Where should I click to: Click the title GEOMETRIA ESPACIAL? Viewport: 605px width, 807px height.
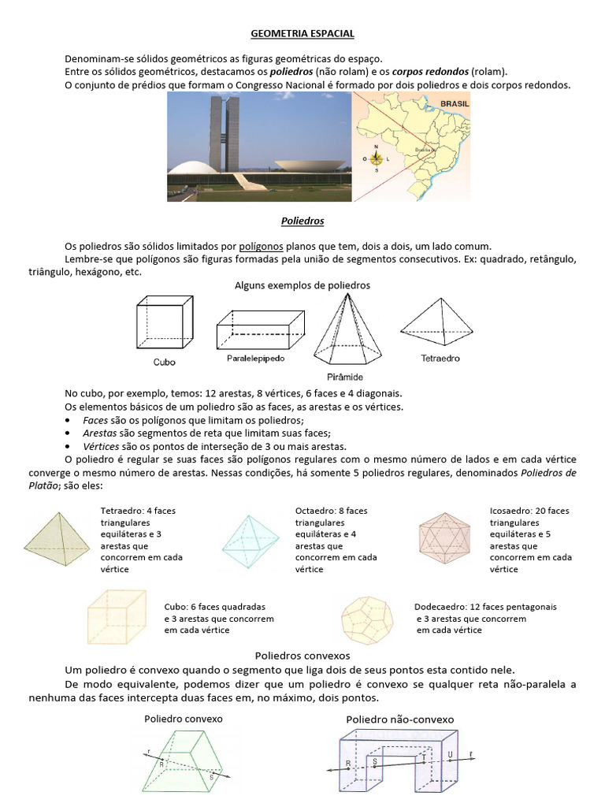pos(302,35)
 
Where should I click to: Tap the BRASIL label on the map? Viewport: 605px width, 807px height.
pos(455,103)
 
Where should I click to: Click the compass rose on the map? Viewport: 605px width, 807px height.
pos(376,158)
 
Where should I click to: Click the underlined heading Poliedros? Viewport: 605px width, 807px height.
pos(302,221)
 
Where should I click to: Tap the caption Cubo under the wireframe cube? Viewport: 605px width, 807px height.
pos(164,363)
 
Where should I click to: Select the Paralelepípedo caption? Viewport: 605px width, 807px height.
pos(255,358)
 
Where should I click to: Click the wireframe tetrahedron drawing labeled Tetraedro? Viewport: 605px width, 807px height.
pos(440,321)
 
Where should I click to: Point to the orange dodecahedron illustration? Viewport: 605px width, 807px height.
pos(369,616)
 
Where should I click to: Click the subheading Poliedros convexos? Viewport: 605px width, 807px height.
pos(302,655)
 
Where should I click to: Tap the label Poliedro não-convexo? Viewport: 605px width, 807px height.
pos(399,720)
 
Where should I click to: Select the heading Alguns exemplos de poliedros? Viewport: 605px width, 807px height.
pos(302,285)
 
